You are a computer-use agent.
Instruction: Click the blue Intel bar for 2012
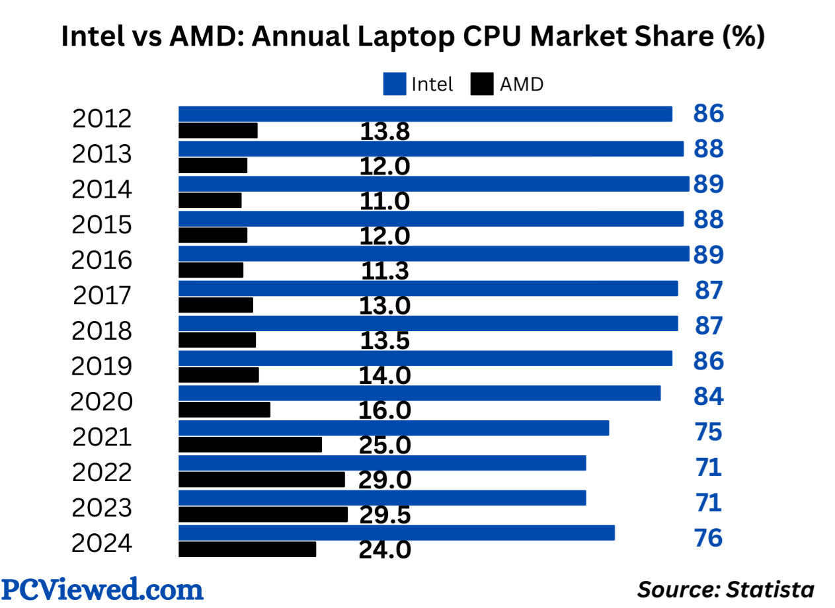pos(425,114)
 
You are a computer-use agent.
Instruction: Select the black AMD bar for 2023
pos(263,514)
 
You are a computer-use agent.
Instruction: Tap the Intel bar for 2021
pos(393,428)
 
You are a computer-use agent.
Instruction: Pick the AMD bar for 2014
pos(210,200)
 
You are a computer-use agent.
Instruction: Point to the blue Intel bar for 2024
pos(397,533)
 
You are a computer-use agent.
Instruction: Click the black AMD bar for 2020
pos(225,410)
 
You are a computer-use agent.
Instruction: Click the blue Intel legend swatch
pos(394,85)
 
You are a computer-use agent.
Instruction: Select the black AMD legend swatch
pos(482,85)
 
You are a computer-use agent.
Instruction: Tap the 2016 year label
pos(102,260)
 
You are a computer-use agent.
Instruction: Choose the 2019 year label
pos(102,366)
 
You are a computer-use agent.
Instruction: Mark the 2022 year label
pos(102,473)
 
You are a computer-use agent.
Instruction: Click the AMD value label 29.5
pos(385,515)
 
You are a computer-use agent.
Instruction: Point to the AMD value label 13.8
pos(385,132)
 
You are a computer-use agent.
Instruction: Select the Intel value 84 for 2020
pos(708,397)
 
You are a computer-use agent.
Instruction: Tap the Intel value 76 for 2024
pos(708,538)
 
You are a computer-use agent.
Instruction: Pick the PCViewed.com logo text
pos(102,588)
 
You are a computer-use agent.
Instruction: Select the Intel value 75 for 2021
pos(708,433)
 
